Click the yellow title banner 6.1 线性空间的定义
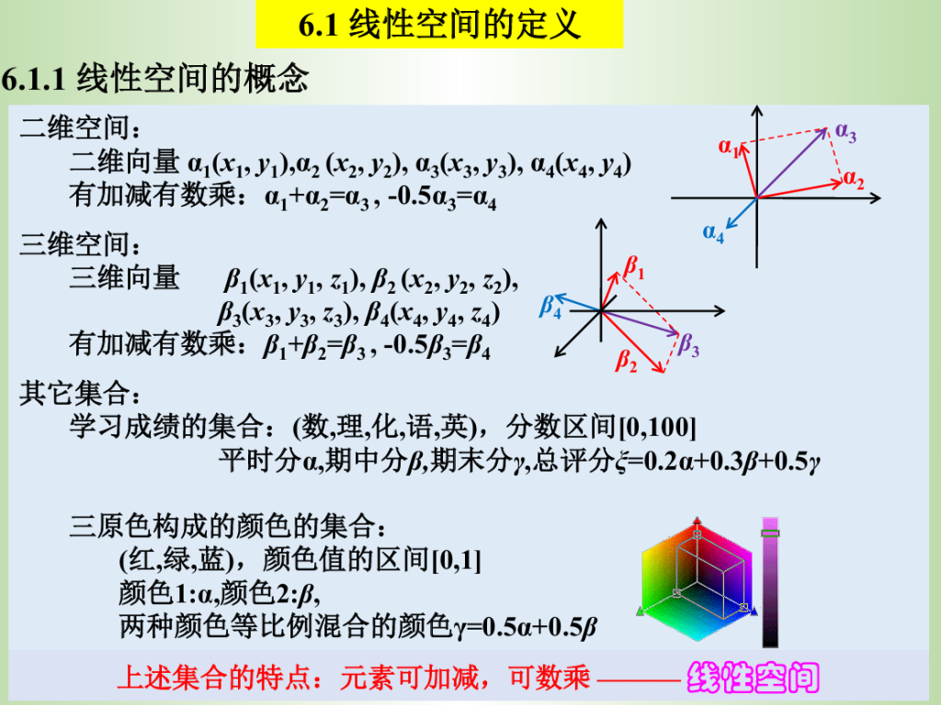pyautogui.click(x=439, y=24)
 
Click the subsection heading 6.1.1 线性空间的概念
pyautogui.click(x=154, y=78)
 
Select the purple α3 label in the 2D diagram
pyautogui.click(x=845, y=132)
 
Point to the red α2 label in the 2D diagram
pyautogui.click(x=854, y=180)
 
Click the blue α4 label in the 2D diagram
pyautogui.click(x=713, y=232)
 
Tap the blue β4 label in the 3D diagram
pyautogui.click(x=550, y=307)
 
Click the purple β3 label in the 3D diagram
pyautogui.click(x=688, y=345)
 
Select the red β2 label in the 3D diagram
pyautogui.click(x=626, y=360)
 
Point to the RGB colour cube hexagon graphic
pyautogui.click(x=697, y=580)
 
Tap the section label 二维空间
pyautogui.click(x=80, y=128)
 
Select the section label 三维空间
pyautogui.click(x=80, y=244)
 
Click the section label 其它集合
pyautogui.click(x=80, y=393)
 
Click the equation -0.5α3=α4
pyautogui.click(x=442, y=197)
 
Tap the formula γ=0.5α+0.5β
pyautogui.click(x=525, y=626)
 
